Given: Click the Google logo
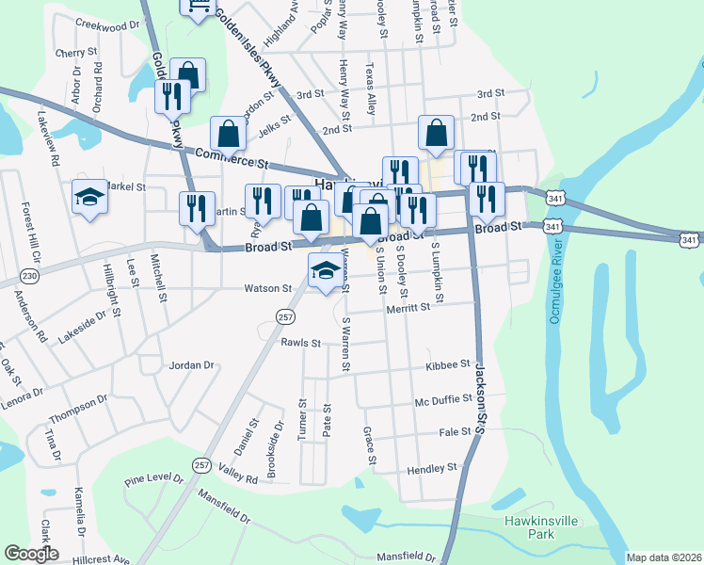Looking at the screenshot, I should point(31,554).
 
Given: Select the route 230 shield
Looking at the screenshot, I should point(30,276).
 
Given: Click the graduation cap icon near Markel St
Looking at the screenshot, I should point(89,197).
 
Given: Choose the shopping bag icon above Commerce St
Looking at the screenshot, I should point(228,133).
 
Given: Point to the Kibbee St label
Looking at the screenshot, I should point(447,363).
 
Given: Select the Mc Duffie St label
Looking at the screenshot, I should point(442,400).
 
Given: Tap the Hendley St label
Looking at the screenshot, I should point(431,467).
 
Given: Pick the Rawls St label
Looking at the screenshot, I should point(301,343).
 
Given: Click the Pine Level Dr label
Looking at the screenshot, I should point(153,479).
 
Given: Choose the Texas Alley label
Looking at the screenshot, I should point(372,89).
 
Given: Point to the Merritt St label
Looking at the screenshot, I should point(407,306).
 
